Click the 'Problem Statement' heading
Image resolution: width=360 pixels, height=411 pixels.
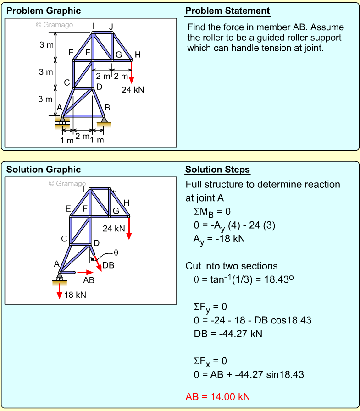(x=227, y=11)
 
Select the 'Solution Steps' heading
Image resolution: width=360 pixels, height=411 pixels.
(x=217, y=170)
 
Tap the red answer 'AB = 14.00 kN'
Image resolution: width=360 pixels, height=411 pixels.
(x=218, y=396)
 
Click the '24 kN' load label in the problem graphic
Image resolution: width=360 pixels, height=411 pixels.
(x=133, y=90)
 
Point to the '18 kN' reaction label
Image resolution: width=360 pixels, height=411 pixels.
(x=75, y=295)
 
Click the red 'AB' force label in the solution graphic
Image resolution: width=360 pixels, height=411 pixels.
(x=89, y=280)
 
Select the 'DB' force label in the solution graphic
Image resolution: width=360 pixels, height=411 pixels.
(x=108, y=265)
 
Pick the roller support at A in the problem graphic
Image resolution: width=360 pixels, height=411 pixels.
(x=62, y=121)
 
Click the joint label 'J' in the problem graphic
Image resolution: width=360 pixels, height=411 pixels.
(x=111, y=26)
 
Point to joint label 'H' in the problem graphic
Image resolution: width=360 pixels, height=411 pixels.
(x=138, y=55)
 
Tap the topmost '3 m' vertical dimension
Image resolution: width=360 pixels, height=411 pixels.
(x=46, y=45)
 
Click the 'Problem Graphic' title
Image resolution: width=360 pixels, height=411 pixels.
(x=43, y=11)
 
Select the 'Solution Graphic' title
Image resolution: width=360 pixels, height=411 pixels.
(x=43, y=170)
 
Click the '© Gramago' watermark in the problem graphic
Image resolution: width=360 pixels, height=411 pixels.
(x=54, y=25)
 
